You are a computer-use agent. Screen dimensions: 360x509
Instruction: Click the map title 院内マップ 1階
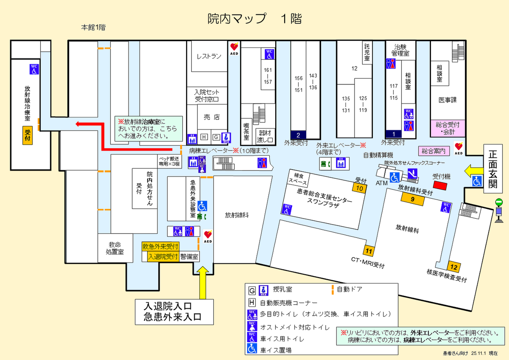point(254,19)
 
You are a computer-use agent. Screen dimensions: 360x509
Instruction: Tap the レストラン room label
point(209,56)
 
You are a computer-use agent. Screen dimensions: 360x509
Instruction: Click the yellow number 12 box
point(454,267)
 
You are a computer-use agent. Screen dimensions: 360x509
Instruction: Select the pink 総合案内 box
point(433,151)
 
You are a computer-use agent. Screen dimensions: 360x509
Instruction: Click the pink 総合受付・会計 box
point(447,128)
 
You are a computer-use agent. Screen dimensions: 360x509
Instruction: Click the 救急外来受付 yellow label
point(160,247)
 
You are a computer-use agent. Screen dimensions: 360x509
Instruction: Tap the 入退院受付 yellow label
point(162,257)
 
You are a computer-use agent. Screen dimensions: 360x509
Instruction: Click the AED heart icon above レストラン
point(234,47)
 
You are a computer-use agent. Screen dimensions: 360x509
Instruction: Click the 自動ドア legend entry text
point(350,290)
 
